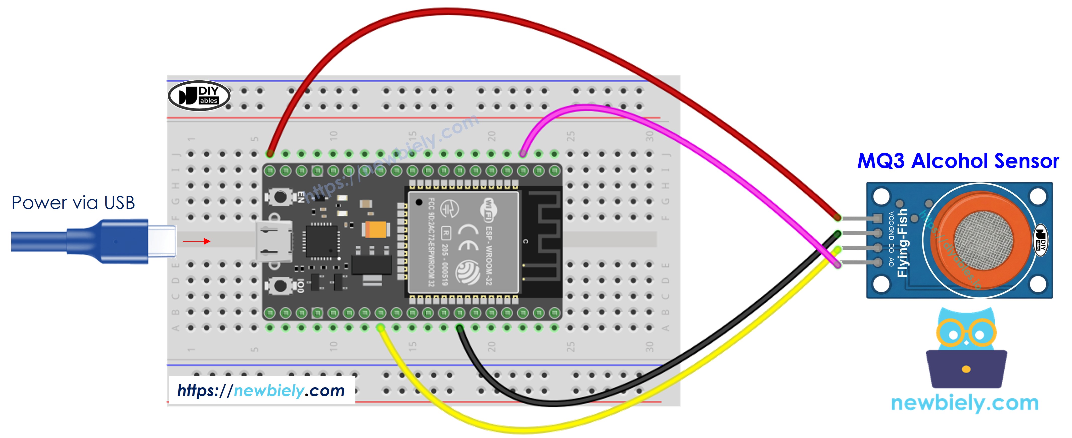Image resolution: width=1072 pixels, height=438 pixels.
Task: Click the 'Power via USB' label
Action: coord(73,203)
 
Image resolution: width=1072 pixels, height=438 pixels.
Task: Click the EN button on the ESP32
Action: coord(280,197)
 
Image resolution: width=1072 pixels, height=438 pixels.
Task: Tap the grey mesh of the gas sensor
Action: coord(984,240)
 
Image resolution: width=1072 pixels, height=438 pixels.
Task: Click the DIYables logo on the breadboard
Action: coord(199,96)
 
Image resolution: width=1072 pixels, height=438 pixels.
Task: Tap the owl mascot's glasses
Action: coord(966,333)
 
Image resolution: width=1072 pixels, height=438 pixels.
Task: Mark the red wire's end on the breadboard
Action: coord(270,154)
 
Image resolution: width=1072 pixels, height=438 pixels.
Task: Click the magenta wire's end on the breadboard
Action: coord(523,154)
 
